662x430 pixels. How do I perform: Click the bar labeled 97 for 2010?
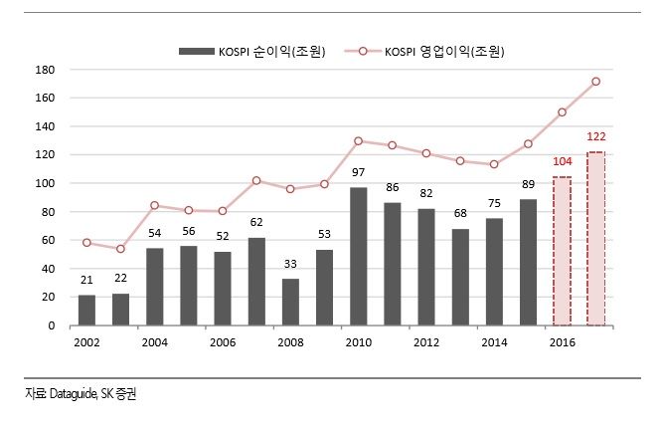point(359,256)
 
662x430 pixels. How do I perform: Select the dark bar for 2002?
point(86,310)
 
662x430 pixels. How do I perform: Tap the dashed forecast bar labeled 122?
point(595,239)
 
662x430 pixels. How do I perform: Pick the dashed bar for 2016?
point(562,251)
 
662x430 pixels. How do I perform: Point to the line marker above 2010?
point(359,141)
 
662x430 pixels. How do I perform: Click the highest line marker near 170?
point(595,82)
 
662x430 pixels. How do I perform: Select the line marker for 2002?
point(86,242)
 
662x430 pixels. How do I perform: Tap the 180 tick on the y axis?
point(45,70)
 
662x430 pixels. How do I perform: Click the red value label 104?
point(562,160)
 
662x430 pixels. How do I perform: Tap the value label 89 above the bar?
point(528,186)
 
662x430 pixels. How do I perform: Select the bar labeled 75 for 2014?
point(494,272)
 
